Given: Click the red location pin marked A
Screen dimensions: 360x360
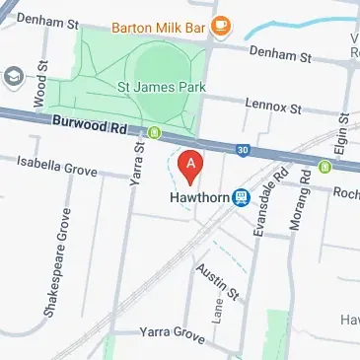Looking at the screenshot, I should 189,164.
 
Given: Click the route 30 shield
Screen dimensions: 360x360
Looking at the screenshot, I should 244,150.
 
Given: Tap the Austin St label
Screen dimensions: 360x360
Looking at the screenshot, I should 217,281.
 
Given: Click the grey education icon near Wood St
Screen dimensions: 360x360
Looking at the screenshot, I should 13,76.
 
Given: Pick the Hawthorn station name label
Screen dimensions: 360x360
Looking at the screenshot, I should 194,196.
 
